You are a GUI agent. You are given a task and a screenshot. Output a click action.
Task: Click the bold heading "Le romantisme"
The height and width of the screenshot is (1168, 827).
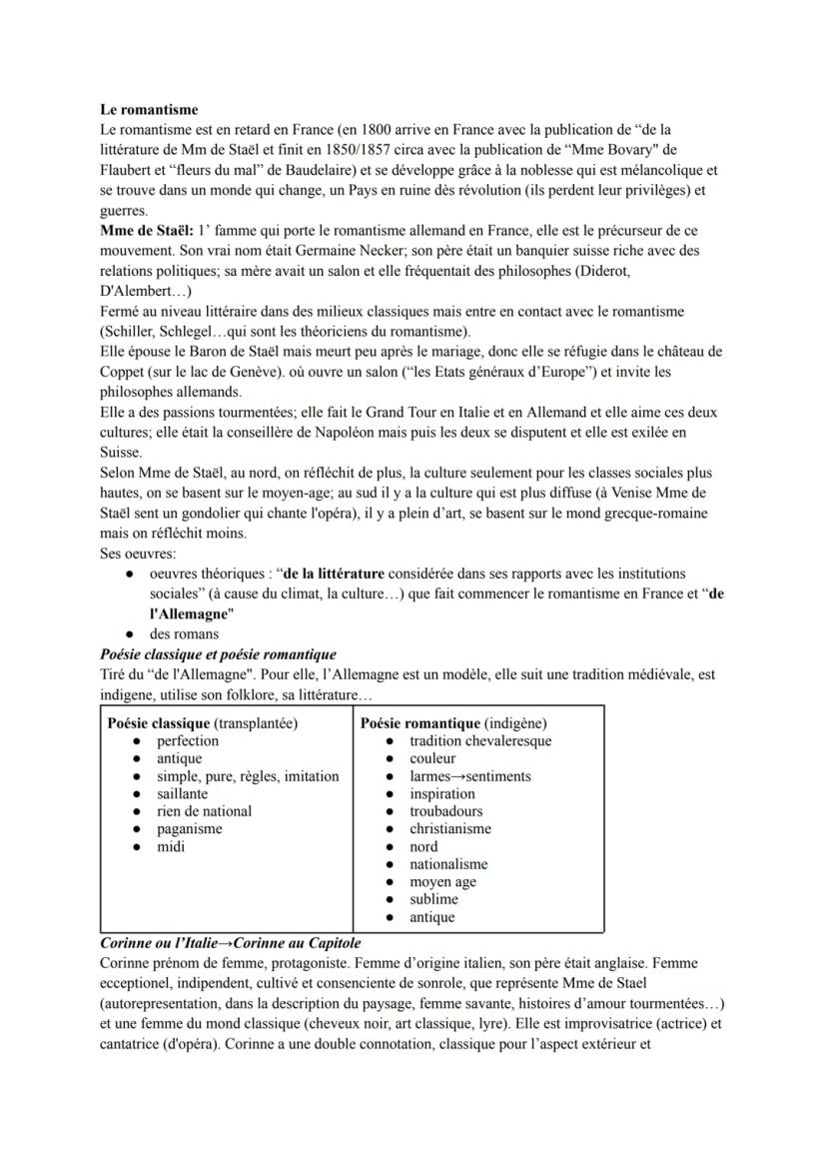click(149, 109)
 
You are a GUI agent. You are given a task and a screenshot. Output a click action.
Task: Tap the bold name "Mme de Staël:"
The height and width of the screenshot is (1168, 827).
click(146, 231)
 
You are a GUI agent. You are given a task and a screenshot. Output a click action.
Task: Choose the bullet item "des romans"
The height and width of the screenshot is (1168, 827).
click(184, 633)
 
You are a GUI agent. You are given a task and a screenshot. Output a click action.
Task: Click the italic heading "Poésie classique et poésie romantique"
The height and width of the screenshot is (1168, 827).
click(218, 654)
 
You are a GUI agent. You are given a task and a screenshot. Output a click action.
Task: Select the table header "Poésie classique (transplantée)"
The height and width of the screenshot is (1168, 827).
click(203, 723)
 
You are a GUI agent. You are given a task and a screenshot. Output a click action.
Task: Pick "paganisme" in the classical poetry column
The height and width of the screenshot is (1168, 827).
click(189, 829)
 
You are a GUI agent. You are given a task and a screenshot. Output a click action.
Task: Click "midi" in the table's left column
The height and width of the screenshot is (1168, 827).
click(171, 847)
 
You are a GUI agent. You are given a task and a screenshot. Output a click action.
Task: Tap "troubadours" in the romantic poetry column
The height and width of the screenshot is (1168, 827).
click(445, 811)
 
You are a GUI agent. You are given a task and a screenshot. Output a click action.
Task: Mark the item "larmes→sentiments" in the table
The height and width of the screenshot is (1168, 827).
click(469, 776)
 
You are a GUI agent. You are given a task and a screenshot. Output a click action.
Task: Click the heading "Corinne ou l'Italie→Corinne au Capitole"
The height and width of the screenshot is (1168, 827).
click(231, 942)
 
